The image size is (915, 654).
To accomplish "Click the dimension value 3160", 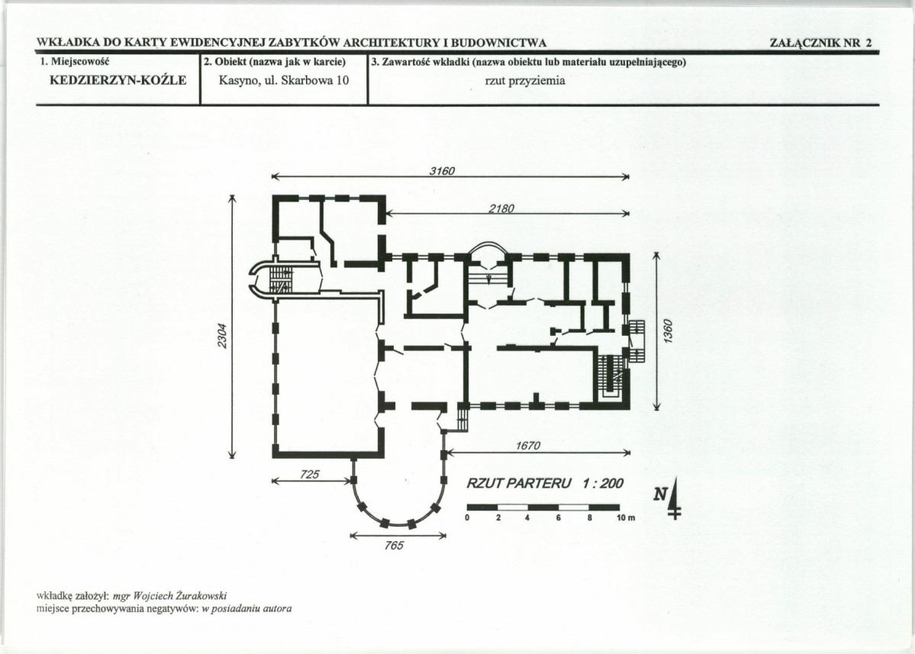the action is coord(443,171).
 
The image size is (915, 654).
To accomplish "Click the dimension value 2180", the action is coord(501,208).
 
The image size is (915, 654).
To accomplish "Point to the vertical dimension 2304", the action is coord(222,337).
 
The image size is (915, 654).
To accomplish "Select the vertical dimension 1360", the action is coord(669,331).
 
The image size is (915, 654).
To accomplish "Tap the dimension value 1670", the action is coord(528,446).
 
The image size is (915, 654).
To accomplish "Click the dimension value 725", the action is coord(310,475).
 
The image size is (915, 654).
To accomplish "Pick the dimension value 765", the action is coord(395,546).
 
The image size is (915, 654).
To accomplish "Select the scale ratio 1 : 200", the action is coord(603,484).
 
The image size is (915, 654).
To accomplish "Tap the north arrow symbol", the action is coord(670,497).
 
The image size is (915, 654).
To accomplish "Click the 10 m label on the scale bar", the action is coord(626,518).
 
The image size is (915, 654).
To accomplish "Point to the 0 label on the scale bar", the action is coord(468,518).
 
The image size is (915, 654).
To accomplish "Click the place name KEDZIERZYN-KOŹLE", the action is coord(118,81).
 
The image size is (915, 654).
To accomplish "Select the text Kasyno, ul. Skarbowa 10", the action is coord(284,81).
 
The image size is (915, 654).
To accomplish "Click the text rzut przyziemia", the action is coord(525,81).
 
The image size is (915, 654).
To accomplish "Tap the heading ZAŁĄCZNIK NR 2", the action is coord(820,43).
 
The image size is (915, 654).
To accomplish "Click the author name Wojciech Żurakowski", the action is coord(180,596).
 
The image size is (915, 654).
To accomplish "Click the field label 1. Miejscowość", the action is coord(74,61).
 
